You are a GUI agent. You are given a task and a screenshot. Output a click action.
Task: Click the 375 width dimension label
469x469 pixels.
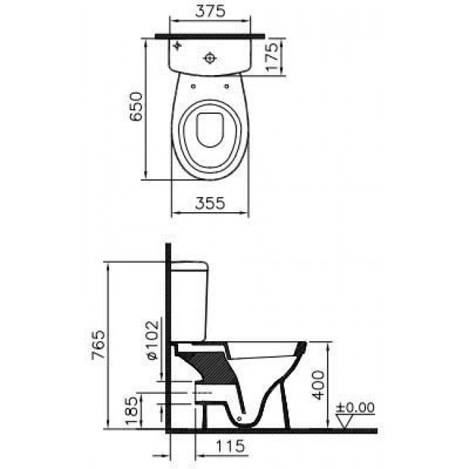[210, 11]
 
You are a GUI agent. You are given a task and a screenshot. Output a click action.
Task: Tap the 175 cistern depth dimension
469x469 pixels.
[272, 57]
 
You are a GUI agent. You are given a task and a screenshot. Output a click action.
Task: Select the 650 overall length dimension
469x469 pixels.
[136, 106]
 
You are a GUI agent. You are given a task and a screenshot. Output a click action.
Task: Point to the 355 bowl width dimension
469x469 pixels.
[210, 203]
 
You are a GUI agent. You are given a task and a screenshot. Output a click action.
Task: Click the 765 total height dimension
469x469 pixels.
[98, 344]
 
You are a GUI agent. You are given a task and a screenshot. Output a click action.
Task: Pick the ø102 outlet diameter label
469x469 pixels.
[152, 341]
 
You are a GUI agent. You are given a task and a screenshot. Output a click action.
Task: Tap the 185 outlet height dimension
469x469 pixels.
[132, 411]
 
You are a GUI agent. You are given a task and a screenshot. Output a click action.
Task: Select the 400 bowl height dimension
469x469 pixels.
[317, 385]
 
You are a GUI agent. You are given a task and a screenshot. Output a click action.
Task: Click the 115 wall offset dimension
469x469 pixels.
[230, 446]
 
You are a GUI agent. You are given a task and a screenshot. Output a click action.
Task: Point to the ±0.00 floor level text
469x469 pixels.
[355, 408]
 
